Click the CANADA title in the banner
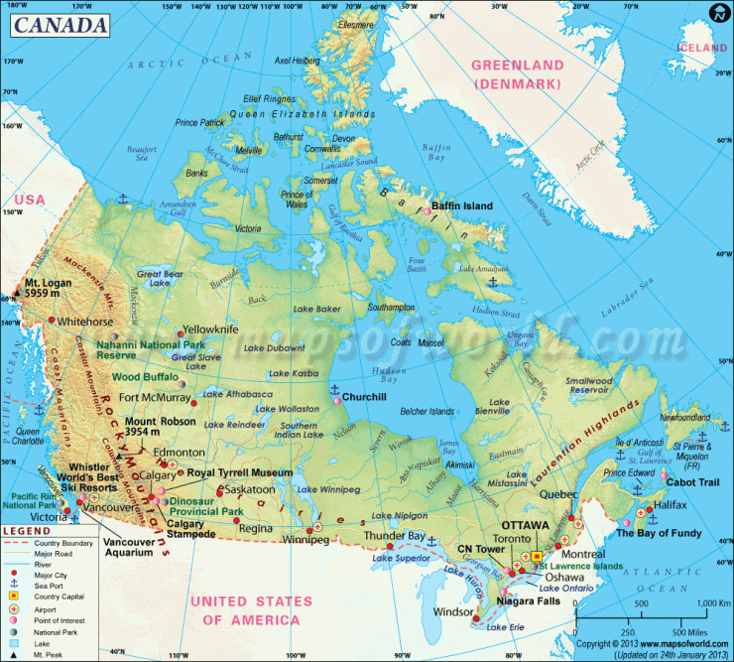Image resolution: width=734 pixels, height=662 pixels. pyautogui.click(x=61, y=23)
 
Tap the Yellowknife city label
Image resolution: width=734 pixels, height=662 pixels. pyautogui.click(x=211, y=329)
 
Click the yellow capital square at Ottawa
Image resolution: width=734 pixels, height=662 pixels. pyautogui.click(x=537, y=557)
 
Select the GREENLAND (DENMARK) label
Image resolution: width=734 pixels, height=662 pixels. pyautogui.click(x=517, y=73)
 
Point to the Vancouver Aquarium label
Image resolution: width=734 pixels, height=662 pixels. pyautogui.click(x=131, y=547)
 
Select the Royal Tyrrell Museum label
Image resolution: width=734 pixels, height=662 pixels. pyautogui.click(x=241, y=473)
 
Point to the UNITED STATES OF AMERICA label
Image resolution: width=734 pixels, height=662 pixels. pyautogui.click(x=245, y=610)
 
